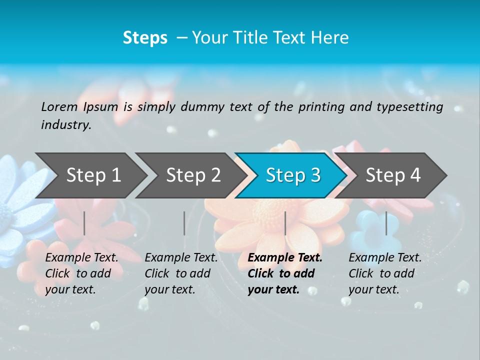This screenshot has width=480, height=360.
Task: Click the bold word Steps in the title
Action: point(145,37)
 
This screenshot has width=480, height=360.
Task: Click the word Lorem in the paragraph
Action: point(59,106)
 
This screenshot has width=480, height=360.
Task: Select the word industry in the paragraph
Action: point(65,124)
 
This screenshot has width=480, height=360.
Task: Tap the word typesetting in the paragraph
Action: point(409,106)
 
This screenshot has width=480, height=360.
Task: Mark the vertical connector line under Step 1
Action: point(84,223)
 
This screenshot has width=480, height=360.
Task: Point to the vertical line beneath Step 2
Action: point(184,223)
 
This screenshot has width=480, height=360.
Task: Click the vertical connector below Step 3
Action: point(285,223)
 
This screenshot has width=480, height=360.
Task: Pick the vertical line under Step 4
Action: point(386,223)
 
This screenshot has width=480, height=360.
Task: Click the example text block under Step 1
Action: point(81,273)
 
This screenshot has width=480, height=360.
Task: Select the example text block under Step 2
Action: point(181,273)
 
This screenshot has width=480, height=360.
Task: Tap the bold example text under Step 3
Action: point(285,273)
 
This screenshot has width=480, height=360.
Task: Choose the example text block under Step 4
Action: point(385,273)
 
